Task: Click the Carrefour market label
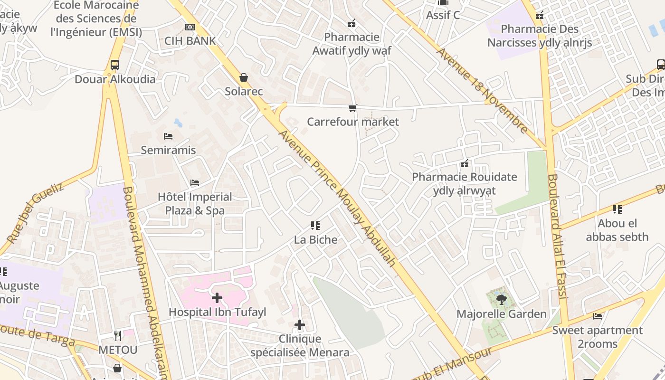[353, 122]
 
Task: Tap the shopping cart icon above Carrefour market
[352, 108]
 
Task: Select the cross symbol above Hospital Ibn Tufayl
[217, 298]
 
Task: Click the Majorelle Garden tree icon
[501, 299]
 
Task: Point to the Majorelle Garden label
[502, 314]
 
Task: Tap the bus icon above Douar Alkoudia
[115, 65]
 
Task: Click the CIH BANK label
[190, 41]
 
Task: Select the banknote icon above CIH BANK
[190, 27]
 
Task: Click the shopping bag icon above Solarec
[244, 77]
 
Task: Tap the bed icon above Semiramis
[168, 136]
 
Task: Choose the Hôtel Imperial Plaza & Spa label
[195, 203]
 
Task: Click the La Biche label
[316, 239]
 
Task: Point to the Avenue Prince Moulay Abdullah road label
[337, 198]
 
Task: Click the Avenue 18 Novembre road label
[482, 90]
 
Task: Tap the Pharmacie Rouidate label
[464, 183]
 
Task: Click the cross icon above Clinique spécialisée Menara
[300, 325]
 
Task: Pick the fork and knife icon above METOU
[118, 336]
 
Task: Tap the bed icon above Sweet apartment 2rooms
[598, 316]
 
